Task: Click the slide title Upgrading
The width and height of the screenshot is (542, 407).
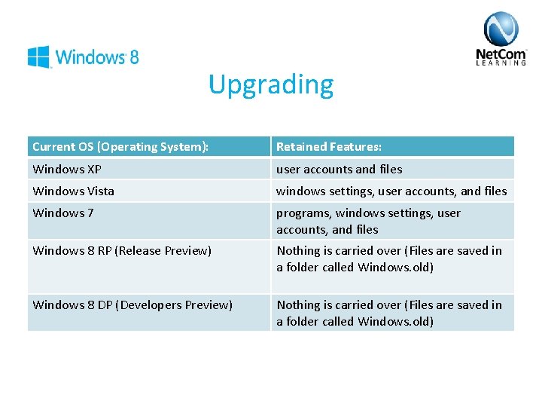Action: coord(271,84)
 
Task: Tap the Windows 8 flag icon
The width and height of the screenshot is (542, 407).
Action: coord(38,57)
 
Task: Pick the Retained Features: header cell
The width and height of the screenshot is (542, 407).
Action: coord(329,147)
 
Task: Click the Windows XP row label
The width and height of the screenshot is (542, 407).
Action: coord(67,169)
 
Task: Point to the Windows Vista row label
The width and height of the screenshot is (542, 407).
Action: coord(74,191)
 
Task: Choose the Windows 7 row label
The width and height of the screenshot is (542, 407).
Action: coord(63,213)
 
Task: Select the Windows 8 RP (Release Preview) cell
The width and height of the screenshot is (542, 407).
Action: coord(121,251)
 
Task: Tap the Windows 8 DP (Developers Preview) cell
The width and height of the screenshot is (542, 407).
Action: coord(132,305)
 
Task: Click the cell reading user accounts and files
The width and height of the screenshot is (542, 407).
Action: coord(340,169)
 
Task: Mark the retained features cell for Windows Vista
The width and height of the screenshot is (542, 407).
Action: coord(391,191)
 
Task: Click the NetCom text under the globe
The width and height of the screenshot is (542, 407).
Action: coord(501,55)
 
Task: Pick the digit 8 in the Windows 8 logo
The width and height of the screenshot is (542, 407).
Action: coord(133,57)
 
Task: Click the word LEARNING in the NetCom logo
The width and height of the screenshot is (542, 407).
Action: coord(501,64)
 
